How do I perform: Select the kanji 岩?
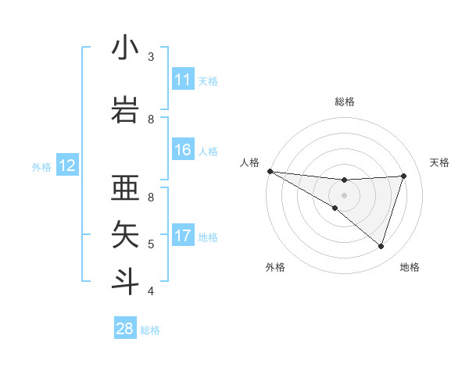coord(125,107)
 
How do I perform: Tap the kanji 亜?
coord(125,190)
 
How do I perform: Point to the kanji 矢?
coord(125,234)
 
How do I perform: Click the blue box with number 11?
coord(183,80)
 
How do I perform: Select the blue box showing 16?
coord(183,150)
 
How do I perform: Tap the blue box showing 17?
coord(183,236)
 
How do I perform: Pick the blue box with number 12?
coord(67,166)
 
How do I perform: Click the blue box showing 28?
coord(125,329)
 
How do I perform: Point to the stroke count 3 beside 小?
coord(151,56)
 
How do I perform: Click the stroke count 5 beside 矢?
coord(151,244)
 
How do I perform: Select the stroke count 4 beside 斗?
coord(151,291)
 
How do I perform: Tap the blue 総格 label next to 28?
coord(150,330)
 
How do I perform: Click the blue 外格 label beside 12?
coord(41,166)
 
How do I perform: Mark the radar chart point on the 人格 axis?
coord(270,171)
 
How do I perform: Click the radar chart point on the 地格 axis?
coord(381,246)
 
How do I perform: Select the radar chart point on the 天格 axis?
coord(403,176)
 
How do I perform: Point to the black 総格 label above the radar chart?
coord(344,102)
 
